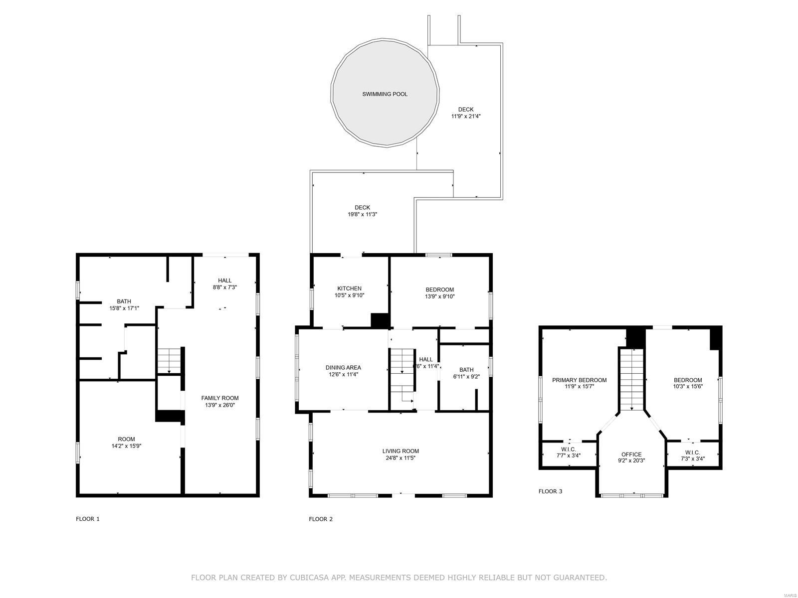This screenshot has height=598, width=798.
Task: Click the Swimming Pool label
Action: click(x=385, y=94)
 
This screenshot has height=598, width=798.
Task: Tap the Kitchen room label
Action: click(x=349, y=289)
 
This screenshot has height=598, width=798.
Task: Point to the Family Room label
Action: click(x=220, y=398)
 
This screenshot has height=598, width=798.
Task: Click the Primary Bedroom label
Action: click(x=579, y=380)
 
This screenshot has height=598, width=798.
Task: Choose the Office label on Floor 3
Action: click(x=631, y=454)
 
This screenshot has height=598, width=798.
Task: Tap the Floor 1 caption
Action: click(x=88, y=519)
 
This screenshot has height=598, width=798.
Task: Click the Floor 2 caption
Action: click(x=321, y=519)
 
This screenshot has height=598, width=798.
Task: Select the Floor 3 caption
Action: click(x=550, y=491)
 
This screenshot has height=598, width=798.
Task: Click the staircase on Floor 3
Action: click(x=632, y=379)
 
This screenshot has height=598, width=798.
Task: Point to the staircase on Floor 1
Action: click(x=169, y=360)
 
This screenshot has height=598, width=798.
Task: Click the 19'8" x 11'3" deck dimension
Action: click(x=362, y=215)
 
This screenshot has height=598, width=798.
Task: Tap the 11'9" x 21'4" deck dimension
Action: click(x=466, y=116)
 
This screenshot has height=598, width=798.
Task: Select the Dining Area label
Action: click(x=343, y=368)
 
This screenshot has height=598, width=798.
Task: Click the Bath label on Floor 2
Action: click(x=466, y=370)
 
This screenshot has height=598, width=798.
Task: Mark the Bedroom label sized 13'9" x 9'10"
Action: click(x=439, y=290)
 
